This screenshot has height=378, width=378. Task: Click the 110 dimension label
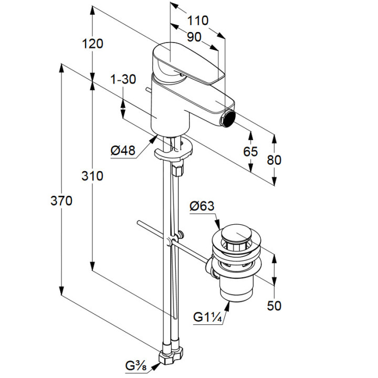[198, 20]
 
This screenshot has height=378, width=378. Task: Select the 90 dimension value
[194, 37]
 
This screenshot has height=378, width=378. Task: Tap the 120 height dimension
[93, 44]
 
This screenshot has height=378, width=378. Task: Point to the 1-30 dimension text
[123, 79]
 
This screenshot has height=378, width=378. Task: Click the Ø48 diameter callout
[123, 151]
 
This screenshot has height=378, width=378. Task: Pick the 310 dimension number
[93, 176]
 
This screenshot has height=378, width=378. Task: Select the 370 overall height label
[61, 201]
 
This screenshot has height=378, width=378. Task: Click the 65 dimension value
[251, 152]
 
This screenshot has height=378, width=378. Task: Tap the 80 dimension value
[274, 160]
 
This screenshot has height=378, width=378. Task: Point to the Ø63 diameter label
[202, 206]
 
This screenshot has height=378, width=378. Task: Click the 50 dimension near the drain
[274, 305]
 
